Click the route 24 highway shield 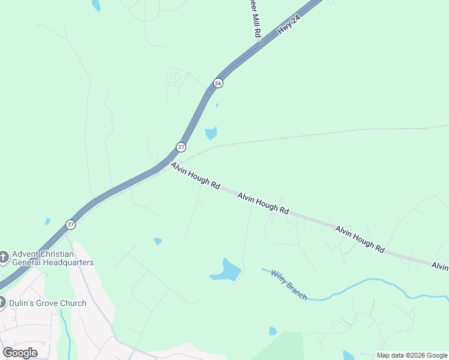[218, 83]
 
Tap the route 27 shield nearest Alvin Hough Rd [181, 147]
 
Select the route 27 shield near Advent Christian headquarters [71, 224]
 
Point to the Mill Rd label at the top [256, 24]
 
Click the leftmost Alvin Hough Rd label [195, 176]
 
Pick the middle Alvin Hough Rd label [263, 204]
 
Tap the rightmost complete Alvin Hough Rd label [360, 238]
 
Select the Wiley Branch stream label [289, 285]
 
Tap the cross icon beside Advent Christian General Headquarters [4, 258]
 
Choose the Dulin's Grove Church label [47, 303]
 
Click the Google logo [20, 353]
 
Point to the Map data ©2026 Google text [412, 355]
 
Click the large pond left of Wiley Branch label [227, 271]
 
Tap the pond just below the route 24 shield [211, 133]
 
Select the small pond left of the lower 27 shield [47, 221]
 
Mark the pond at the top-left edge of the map [95, 5]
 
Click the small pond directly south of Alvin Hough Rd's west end [157, 241]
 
